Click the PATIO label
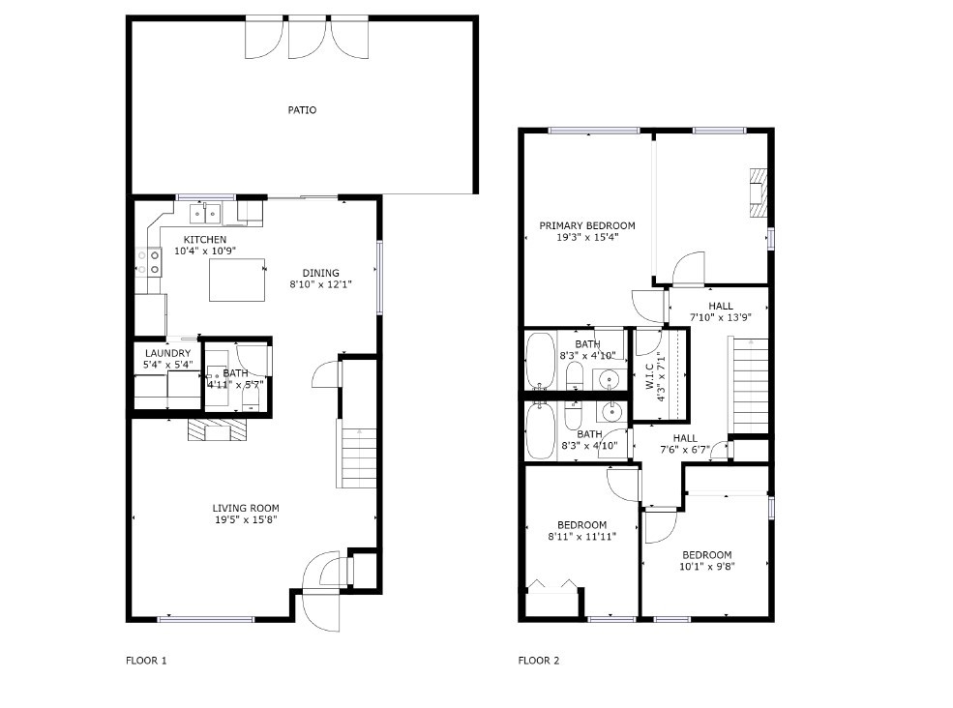pos(302,110)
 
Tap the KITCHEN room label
pos(205,240)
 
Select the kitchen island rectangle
pos(237,280)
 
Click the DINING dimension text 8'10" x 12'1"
pos(321,283)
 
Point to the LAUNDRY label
pos(167,353)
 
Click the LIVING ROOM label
pos(246,508)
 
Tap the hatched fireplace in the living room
pos(217,429)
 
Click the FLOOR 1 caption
pos(146,661)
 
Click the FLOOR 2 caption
pos(539,661)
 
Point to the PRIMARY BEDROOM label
pos(587,225)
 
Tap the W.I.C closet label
pos(648,377)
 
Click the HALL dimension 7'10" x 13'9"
pos(720,317)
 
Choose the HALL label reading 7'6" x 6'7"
pos(685,444)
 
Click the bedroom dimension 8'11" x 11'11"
pos(582,537)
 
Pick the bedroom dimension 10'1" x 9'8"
pos(707,567)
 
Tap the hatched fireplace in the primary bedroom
pos(759,192)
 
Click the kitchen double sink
pos(205,214)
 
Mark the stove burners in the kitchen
pos(148,262)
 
